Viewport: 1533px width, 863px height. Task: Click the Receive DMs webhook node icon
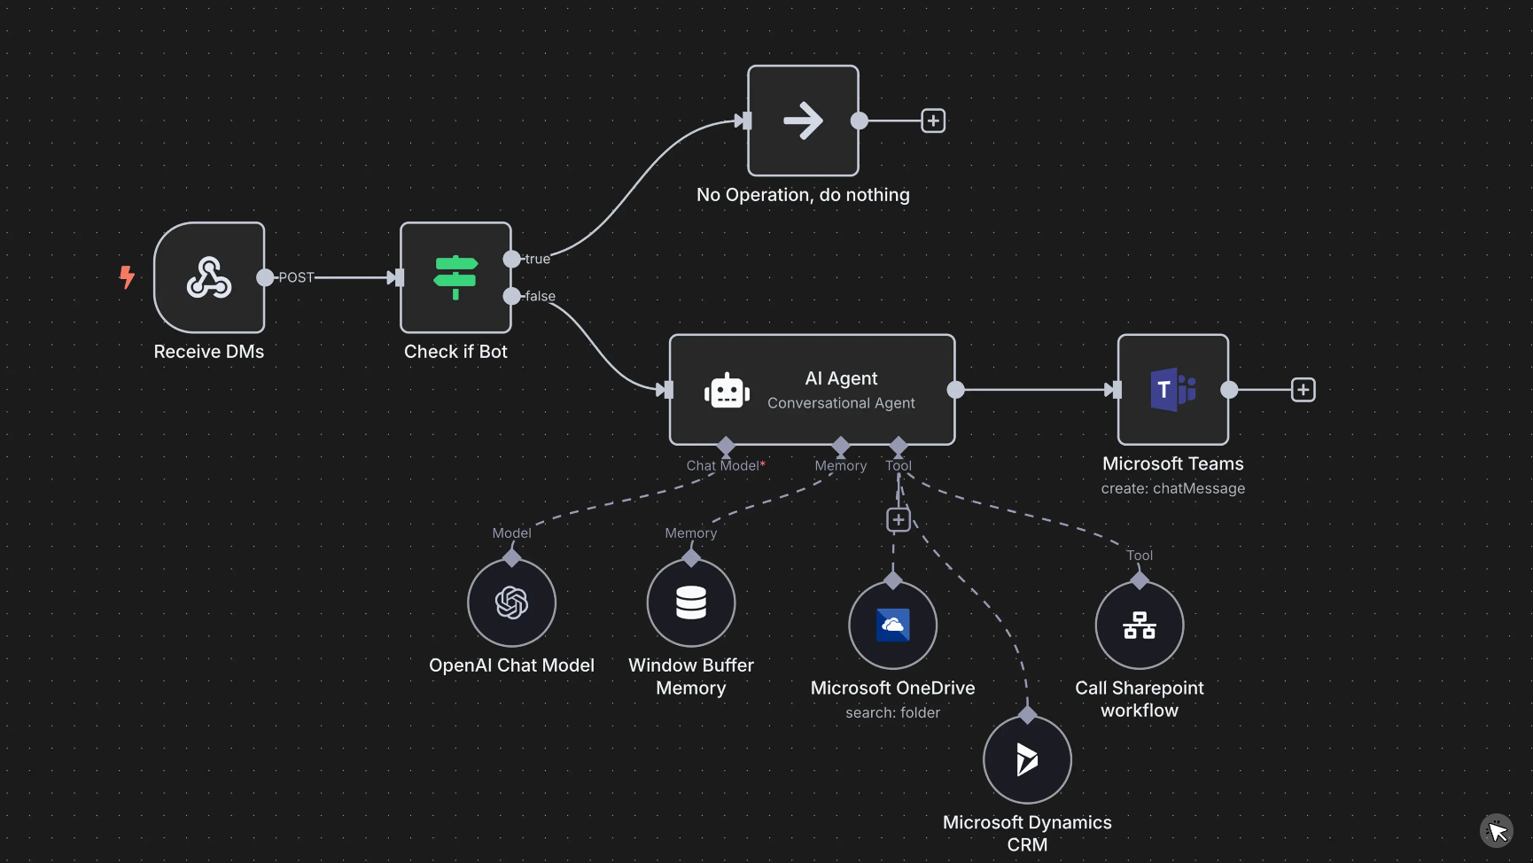point(209,277)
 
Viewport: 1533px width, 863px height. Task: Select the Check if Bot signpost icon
point(455,277)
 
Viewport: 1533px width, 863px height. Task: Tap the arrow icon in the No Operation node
point(803,121)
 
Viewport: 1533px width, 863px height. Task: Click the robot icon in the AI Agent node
point(727,390)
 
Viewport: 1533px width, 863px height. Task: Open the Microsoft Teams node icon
point(1173,389)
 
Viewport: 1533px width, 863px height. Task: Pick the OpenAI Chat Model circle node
point(511,603)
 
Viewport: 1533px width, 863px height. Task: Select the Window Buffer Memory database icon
point(691,603)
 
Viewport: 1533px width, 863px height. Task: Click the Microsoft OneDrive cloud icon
point(893,625)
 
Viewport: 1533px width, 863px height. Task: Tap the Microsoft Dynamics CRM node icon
point(1027,759)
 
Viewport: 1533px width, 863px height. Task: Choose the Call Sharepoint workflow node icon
point(1140,625)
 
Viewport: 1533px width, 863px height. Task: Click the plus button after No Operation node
point(933,121)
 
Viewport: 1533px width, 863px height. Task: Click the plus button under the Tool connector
point(899,520)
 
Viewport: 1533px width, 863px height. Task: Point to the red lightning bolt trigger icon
point(127,277)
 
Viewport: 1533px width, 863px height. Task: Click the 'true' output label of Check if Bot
point(537,259)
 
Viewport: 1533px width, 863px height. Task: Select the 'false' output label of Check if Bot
point(540,296)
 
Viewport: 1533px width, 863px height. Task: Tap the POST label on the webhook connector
point(296,277)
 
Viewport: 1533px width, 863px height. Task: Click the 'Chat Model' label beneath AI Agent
point(723,465)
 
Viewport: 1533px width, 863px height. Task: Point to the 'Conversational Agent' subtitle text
point(841,403)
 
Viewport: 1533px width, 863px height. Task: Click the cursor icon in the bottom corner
point(1497,831)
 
